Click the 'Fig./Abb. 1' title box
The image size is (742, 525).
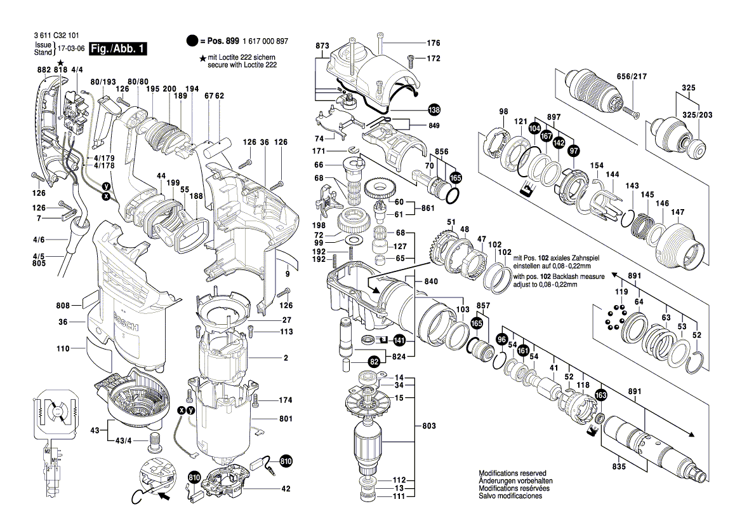point(119,49)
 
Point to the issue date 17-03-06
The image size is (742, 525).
point(72,49)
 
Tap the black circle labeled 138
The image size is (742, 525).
point(434,109)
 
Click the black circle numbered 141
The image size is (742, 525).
point(399,340)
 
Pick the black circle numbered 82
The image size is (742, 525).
point(374,362)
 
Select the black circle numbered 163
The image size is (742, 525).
point(600,395)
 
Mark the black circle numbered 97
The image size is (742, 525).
point(574,150)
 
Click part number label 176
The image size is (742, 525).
point(433,43)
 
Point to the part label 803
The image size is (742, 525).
point(430,424)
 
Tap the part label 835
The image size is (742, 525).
point(619,467)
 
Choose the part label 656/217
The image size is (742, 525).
point(632,77)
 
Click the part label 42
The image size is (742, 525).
point(286,489)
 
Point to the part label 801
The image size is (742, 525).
point(285,419)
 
